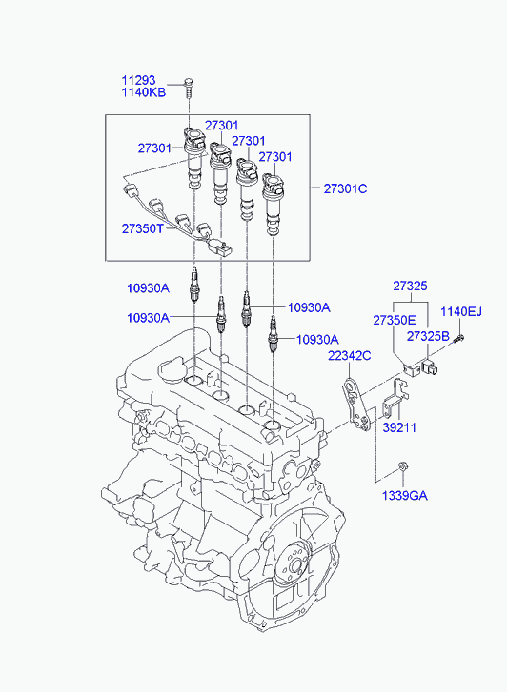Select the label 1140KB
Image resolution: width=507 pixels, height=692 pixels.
143,92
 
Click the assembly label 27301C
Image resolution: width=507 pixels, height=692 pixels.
344,188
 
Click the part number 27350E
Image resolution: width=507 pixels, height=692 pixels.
395,321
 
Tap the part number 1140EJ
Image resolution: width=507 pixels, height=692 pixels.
461,311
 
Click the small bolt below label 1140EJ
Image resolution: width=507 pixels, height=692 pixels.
458,337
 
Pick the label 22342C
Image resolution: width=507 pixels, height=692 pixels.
350,355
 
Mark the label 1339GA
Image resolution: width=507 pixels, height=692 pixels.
404,495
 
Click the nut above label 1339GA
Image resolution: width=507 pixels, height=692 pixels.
404,466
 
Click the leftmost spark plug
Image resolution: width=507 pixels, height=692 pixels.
195,287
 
